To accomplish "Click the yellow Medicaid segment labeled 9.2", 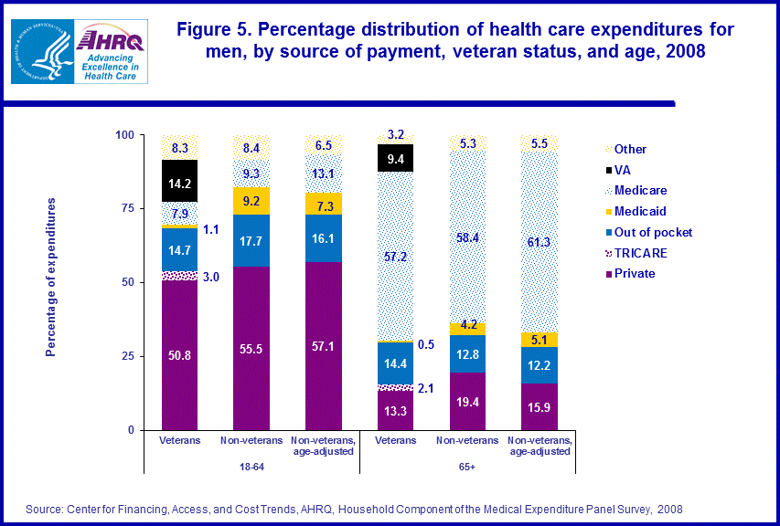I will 251,201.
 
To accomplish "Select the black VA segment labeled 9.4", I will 397,157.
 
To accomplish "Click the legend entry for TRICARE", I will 640,252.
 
